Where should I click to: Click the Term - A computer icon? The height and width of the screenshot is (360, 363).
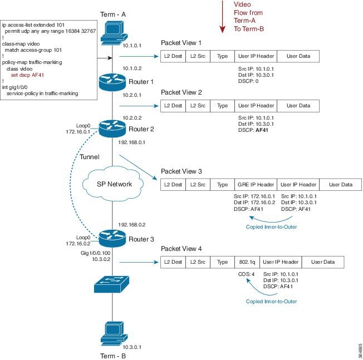point(113,32)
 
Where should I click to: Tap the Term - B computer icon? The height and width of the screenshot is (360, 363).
point(112,332)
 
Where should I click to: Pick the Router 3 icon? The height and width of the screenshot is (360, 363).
point(112,238)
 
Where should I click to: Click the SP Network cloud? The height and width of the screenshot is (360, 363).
point(112,184)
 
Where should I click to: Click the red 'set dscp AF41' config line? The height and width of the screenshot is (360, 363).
point(28,74)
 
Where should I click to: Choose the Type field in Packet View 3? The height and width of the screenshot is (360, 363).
point(222,184)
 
